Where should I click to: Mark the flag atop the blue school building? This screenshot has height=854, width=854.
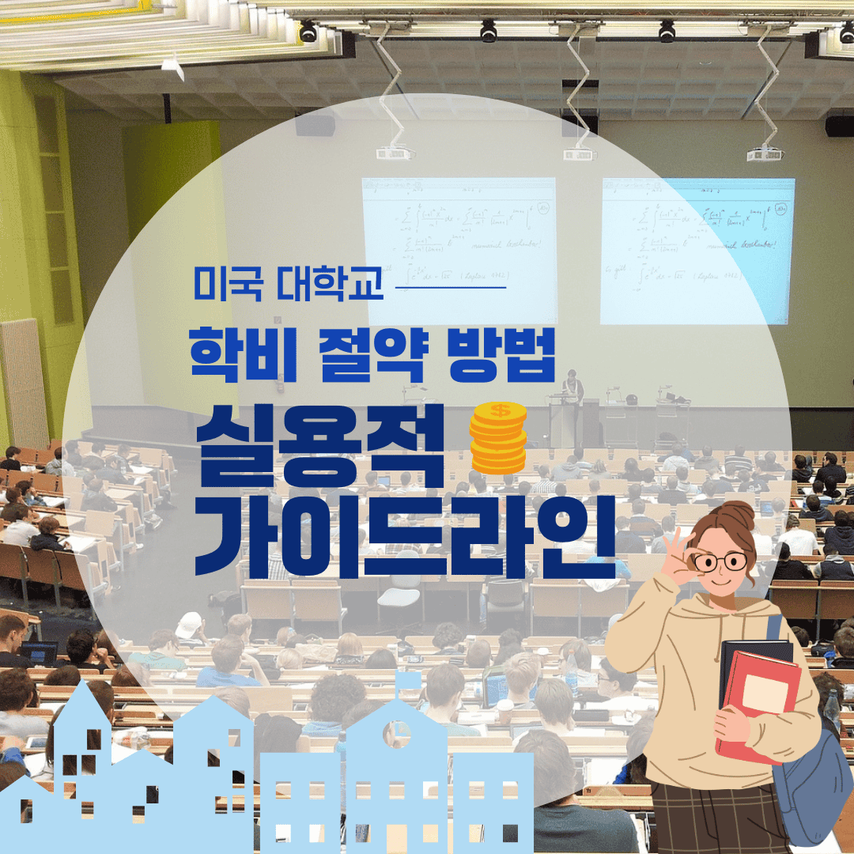coord(407,680)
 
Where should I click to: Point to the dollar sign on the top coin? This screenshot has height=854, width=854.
coord(499,410)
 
